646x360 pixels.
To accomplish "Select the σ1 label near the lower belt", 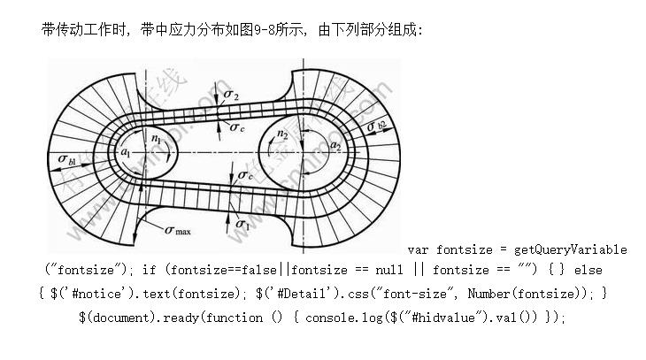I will tap(241, 226).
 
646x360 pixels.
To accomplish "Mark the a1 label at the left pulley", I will tap(127, 152).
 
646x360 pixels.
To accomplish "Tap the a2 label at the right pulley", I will tap(335, 145).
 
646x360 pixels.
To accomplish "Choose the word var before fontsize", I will tap(419, 250).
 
